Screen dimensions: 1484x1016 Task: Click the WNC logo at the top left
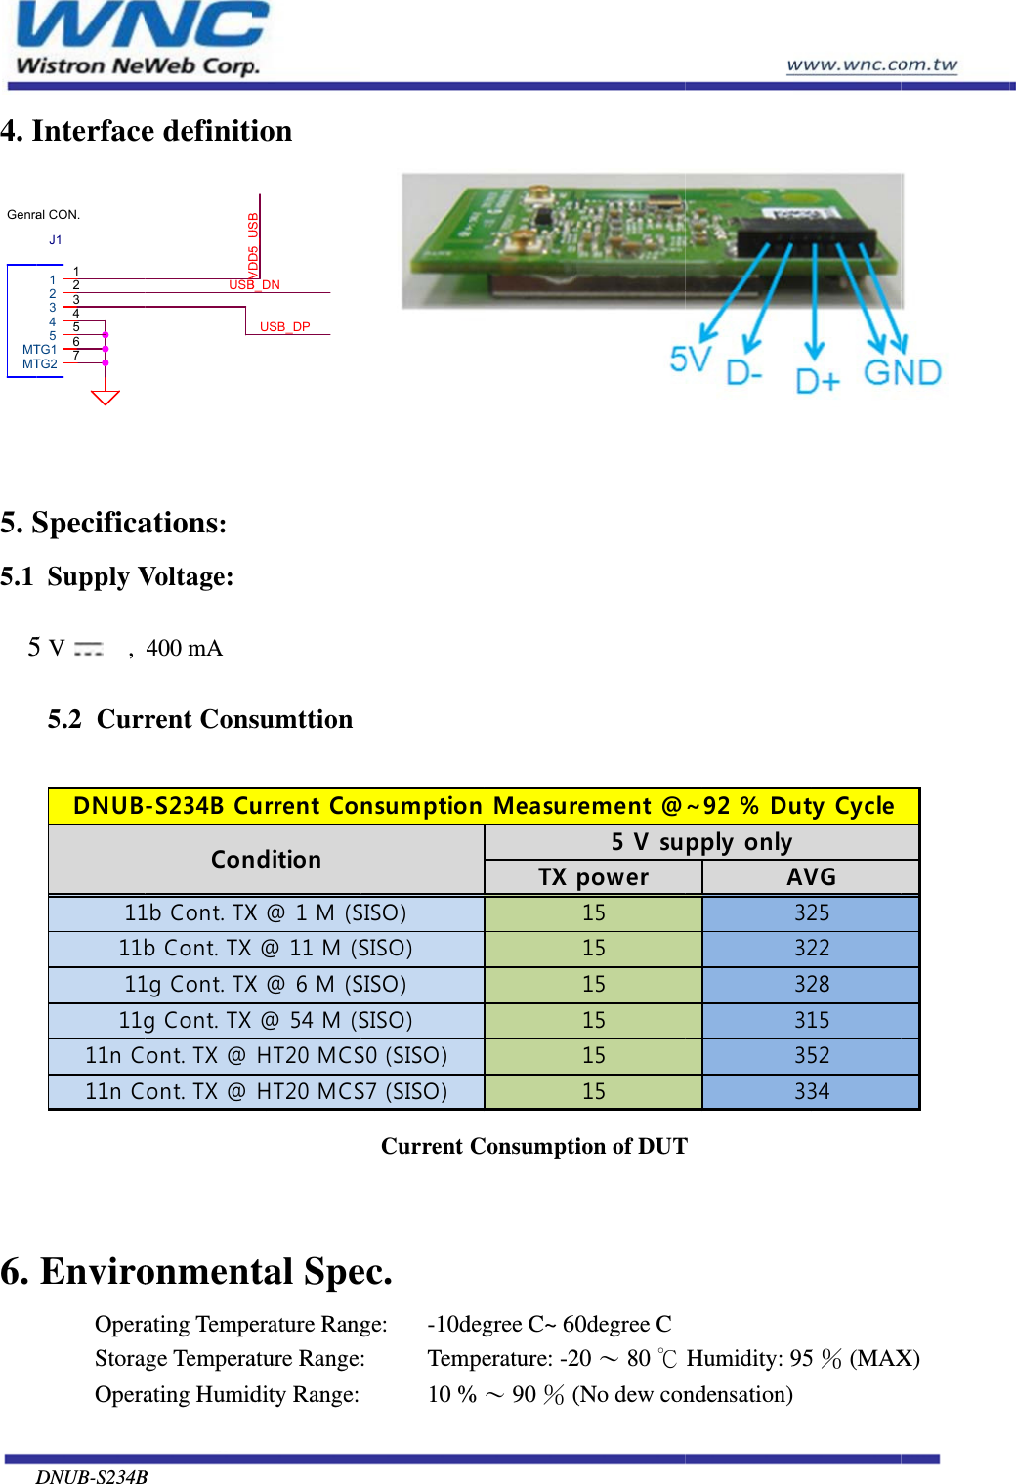(x=140, y=39)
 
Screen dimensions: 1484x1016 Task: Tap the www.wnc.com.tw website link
(x=871, y=64)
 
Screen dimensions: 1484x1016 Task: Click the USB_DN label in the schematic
(x=254, y=285)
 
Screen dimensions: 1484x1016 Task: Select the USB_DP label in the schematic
(x=284, y=327)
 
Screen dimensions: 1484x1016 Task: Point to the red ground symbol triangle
(x=105, y=397)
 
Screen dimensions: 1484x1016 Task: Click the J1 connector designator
(x=56, y=240)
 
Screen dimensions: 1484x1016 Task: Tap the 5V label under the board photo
(x=690, y=360)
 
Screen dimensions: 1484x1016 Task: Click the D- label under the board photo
(x=744, y=373)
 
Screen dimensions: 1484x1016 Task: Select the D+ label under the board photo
(x=817, y=380)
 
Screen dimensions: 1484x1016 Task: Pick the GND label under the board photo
(x=902, y=372)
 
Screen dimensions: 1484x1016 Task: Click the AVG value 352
(x=811, y=1056)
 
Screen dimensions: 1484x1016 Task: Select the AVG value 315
(x=811, y=1020)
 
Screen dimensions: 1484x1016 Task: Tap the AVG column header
(x=811, y=877)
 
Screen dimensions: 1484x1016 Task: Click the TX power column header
(x=593, y=877)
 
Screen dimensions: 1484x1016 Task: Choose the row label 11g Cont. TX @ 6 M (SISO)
(x=266, y=985)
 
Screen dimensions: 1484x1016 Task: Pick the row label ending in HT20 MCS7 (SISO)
(x=266, y=1091)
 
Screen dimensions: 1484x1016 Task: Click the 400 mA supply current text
(x=184, y=649)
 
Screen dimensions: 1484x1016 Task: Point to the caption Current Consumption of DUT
(x=533, y=1146)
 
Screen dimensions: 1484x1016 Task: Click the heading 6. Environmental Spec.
(x=196, y=1271)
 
